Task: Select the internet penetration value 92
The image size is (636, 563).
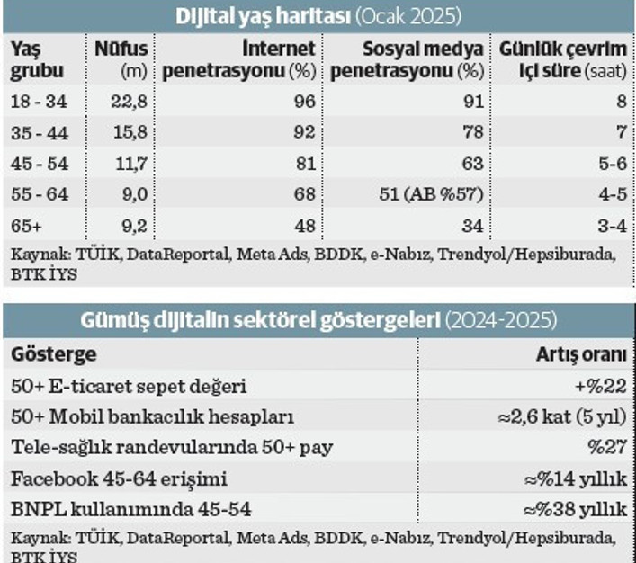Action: (x=305, y=132)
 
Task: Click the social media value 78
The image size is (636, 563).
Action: (x=472, y=132)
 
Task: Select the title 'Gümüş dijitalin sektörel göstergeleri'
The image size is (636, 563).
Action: (x=261, y=321)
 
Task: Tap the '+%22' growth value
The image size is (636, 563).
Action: (x=602, y=386)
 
